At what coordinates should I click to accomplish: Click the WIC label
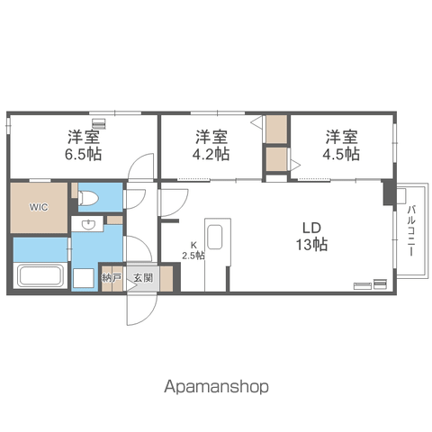[x=39, y=207]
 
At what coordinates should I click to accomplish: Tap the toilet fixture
[x=88, y=198]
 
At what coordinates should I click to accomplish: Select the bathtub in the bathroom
[x=40, y=275]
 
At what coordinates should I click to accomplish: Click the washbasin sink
[x=88, y=224]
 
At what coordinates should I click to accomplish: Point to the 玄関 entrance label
[x=143, y=278]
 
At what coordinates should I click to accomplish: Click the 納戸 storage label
[x=112, y=278]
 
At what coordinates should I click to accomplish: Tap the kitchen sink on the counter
[x=215, y=237]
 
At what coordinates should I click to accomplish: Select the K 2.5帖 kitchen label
[x=193, y=250]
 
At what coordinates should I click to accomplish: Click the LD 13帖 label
[x=311, y=237]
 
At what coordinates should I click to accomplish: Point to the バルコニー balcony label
[x=411, y=230]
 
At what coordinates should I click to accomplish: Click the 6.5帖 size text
[x=84, y=154]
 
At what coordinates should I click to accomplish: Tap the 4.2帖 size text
[x=211, y=154]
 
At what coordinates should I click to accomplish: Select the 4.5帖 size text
[x=341, y=154]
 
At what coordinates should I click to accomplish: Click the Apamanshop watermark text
[x=216, y=386]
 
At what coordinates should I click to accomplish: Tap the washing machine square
[x=84, y=278]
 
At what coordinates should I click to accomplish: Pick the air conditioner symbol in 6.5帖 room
[x=99, y=123]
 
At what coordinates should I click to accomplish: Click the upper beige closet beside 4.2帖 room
[x=276, y=130]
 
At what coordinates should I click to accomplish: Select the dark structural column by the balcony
[x=389, y=193]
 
